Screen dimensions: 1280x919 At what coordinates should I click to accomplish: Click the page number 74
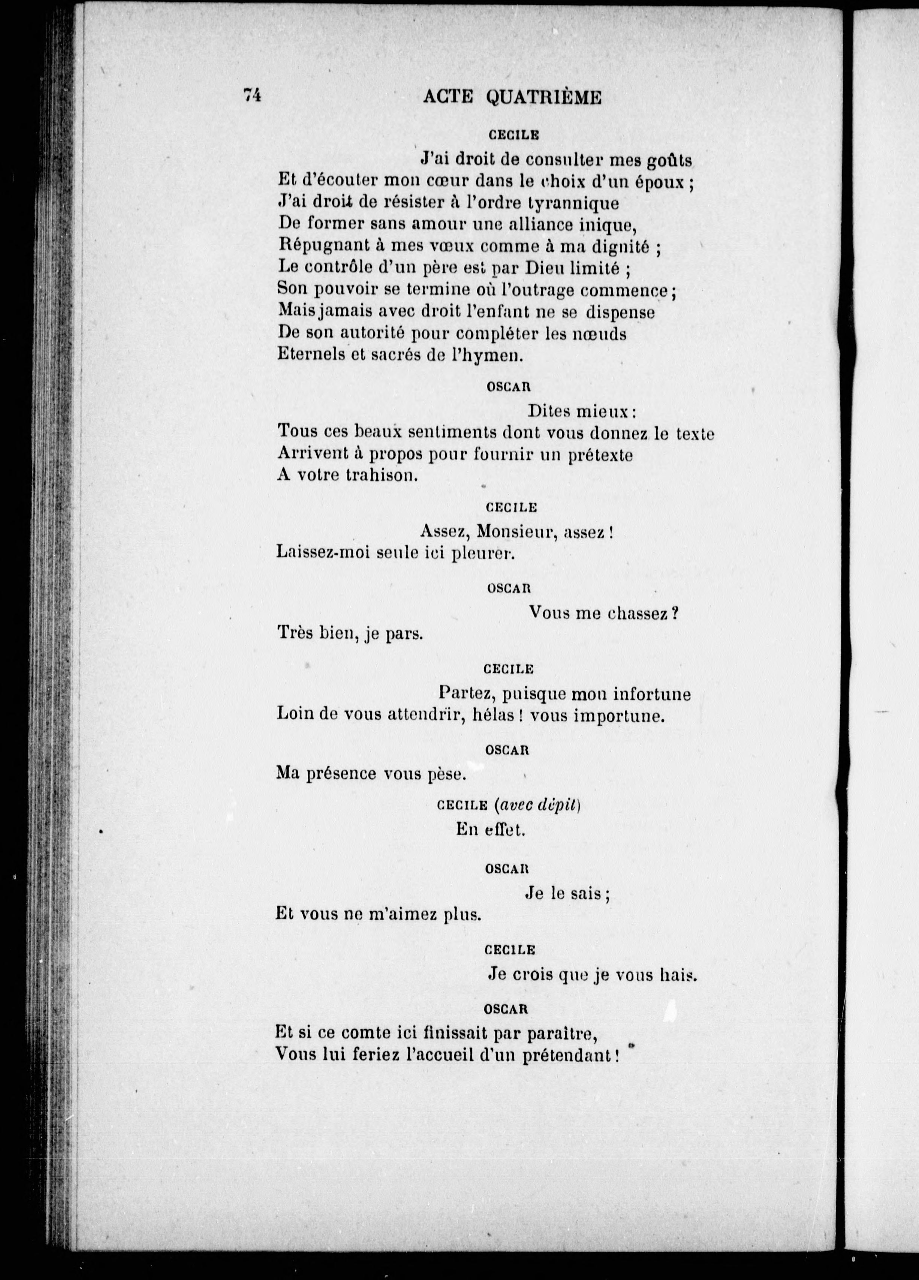(252, 96)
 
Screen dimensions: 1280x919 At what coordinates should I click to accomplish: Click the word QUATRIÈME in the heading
(543, 98)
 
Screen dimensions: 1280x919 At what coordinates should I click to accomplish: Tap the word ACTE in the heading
(448, 98)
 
